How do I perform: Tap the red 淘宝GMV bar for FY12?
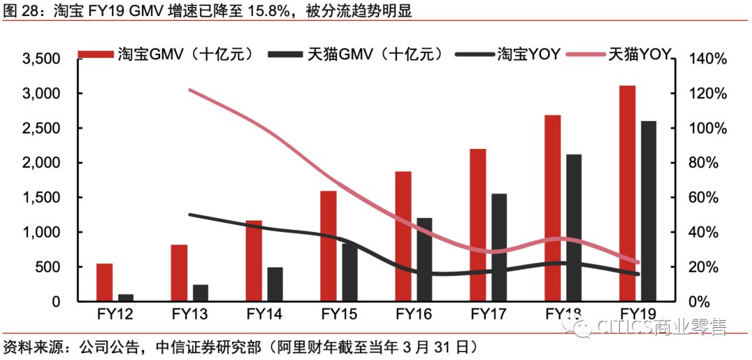point(104,282)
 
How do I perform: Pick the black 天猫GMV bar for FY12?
point(126,297)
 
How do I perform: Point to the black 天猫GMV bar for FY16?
point(424,259)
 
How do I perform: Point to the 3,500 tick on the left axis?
point(42,59)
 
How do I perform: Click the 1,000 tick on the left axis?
point(42,233)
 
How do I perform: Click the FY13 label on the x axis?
point(189,314)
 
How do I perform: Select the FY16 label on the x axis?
point(413,314)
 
